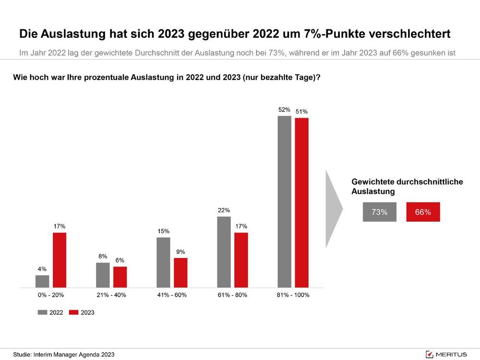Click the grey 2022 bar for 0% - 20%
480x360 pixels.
[42, 281]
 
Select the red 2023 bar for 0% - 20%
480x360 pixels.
[60, 260]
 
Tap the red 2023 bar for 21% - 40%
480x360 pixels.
[120, 277]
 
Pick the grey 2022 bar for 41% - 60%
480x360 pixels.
[163, 263]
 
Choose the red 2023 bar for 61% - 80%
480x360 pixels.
[241, 260]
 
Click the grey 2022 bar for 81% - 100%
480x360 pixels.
[285, 202]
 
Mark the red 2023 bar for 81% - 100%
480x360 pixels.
[301, 203]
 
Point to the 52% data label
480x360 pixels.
[285, 110]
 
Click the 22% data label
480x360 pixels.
[224, 210]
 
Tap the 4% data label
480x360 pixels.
[42, 269]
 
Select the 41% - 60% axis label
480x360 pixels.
[172, 295]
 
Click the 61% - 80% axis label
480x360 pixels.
[232, 295]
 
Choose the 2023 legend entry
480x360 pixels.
[82, 312]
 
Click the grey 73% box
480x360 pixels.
[380, 212]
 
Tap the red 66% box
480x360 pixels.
[423, 212]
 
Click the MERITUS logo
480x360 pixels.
[446, 354]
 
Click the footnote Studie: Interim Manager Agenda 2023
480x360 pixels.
[64, 355]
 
